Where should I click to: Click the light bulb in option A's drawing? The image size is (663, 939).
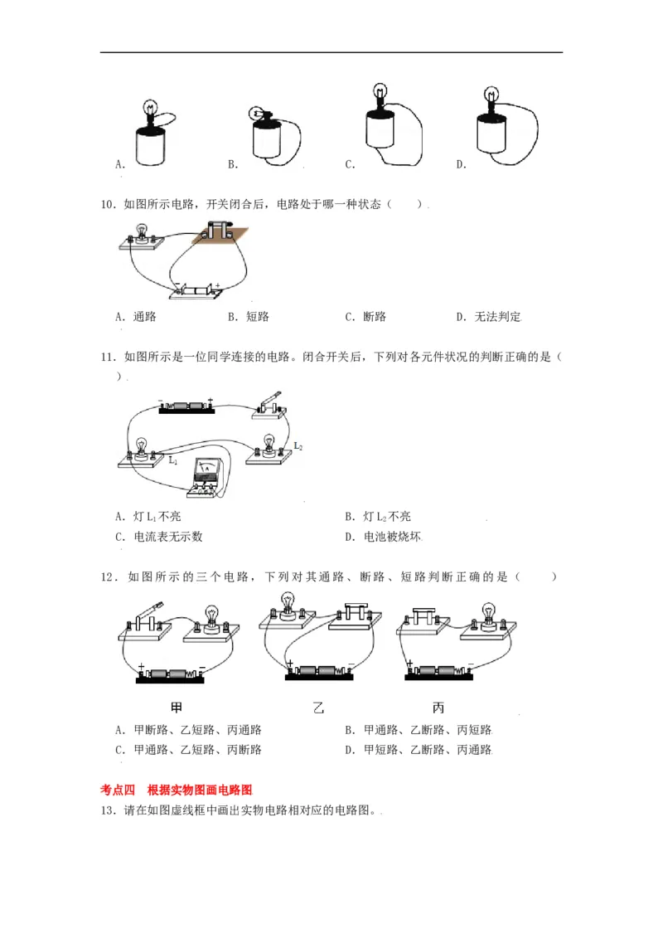point(151,108)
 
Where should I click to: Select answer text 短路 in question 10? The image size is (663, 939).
point(258,317)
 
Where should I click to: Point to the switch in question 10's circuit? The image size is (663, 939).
point(218,233)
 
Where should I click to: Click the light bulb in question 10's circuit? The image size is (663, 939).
point(142,231)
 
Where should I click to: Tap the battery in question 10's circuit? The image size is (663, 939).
point(196,290)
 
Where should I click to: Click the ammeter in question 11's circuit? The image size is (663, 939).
point(206,476)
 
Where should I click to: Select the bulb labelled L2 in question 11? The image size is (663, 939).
point(269,443)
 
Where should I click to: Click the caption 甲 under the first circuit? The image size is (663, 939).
point(177,708)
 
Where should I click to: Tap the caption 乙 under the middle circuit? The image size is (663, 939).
point(318,708)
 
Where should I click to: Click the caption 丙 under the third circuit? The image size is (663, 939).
point(438,708)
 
